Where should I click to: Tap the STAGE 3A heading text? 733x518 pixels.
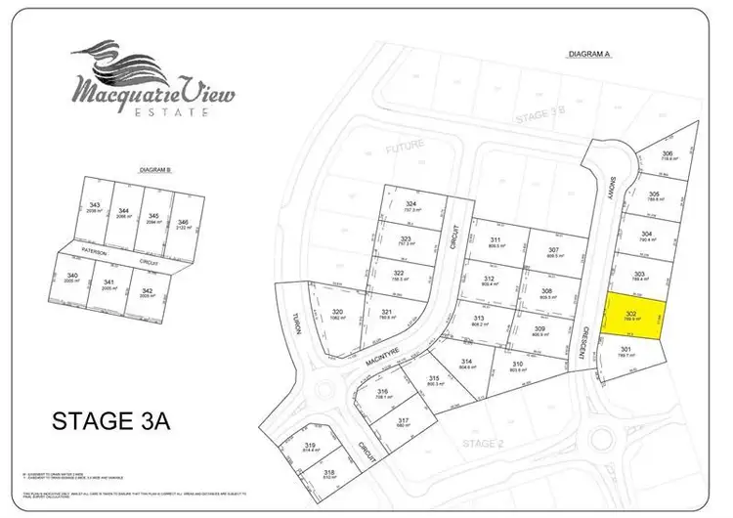[x=110, y=422]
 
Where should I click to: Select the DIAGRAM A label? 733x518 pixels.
[x=588, y=55]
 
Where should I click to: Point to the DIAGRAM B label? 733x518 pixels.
[x=156, y=170]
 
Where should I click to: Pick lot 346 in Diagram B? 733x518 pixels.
[x=183, y=222]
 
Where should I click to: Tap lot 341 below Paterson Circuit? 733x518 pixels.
[x=110, y=286]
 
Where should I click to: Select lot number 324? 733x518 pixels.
[x=411, y=206]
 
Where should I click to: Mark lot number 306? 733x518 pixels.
[x=668, y=156]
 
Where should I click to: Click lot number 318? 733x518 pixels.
[x=329, y=474]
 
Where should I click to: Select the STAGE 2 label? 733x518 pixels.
[x=481, y=443]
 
